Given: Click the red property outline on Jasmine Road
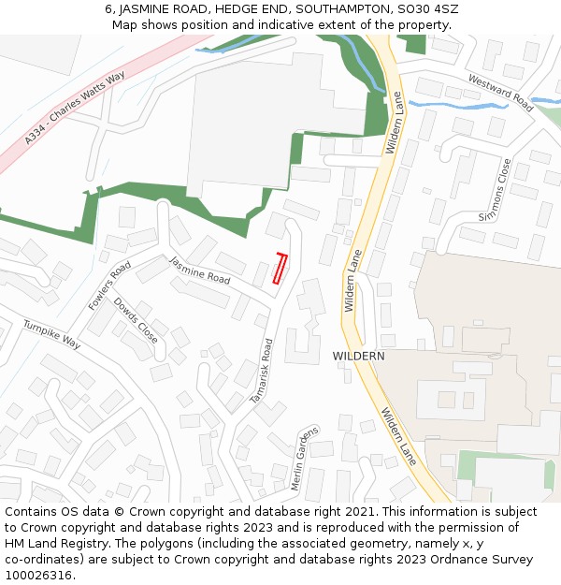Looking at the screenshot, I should click(279, 268).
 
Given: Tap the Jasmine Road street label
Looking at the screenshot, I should click(199, 271).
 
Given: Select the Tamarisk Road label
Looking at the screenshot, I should click(261, 371).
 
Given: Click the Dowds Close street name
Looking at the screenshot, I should click(136, 320).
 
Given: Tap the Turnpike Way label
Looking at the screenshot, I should click(51, 334).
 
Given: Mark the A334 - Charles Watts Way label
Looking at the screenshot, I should click(75, 109).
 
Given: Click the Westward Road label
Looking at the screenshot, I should click(500, 94).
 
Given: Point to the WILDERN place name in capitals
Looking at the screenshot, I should click(358, 357).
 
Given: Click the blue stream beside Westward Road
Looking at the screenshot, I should click(467, 106).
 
